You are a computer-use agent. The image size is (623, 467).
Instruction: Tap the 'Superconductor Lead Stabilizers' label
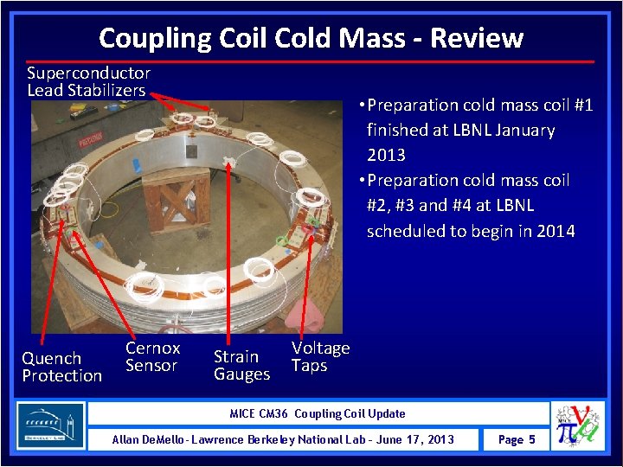point(87,82)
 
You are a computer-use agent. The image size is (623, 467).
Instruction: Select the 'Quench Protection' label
point(61,367)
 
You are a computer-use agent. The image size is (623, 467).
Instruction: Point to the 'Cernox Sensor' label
point(152,356)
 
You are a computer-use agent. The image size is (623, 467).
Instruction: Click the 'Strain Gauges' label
point(241,365)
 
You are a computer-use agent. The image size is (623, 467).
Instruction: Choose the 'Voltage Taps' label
point(320,356)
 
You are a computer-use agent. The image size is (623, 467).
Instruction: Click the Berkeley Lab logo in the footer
point(51,426)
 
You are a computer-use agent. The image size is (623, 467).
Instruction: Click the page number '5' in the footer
point(531,440)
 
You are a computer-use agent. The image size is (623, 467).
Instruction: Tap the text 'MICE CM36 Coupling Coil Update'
point(317,413)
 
